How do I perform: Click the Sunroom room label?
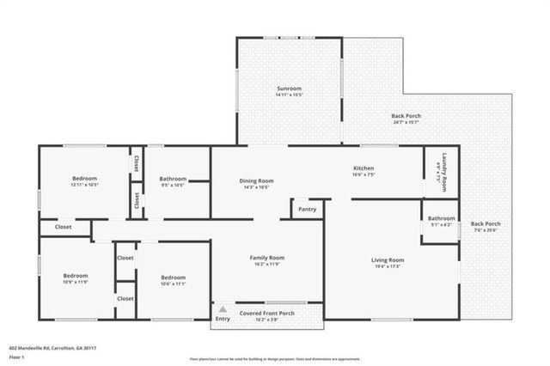pyautogui.click(x=289, y=88)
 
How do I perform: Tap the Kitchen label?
pyautogui.click(x=364, y=168)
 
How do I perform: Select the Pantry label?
pyautogui.click(x=307, y=209)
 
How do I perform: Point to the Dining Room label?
pyautogui.click(x=256, y=180)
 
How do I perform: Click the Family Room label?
pyautogui.click(x=266, y=257)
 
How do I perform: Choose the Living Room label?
pyautogui.click(x=387, y=259)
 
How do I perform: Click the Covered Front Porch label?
pyautogui.click(x=266, y=314)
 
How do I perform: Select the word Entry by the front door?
pyautogui.click(x=223, y=319)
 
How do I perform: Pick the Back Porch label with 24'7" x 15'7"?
pyautogui.click(x=406, y=116)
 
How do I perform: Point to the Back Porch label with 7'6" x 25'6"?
pyautogui.click(x=486, y=224)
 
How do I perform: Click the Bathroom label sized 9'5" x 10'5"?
pyautogui.click(x=173, y=179)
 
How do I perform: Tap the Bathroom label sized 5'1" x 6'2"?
pyautogui.click(x=441, y=218)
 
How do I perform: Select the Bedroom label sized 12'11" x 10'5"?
pyautogui.click(x=84, y=179)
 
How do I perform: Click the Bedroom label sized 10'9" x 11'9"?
pyautogui.click(x=76, y=277)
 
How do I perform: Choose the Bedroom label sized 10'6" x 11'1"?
pyautogui.click(x=174, y=278)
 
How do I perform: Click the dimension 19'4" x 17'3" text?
pyautogui.click(x=387, y=266)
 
